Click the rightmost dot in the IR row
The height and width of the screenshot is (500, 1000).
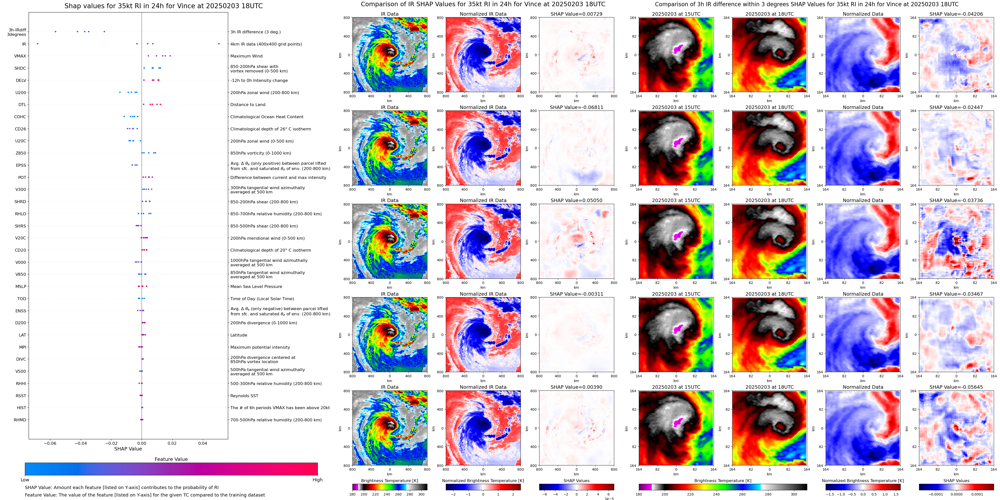click(x=219, y=44)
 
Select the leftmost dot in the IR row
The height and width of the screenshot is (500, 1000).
click(x=38, y=44)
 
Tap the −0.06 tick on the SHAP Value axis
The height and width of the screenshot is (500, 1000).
click(x=50, y=443)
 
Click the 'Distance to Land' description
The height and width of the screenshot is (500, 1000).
click(x=248, y=105)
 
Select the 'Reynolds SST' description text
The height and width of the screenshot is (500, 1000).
click(x=244, y=396)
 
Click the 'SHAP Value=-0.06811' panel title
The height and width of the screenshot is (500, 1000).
click(x=577, y=108)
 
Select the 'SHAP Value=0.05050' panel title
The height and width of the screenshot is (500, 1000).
click(x=577, y=201)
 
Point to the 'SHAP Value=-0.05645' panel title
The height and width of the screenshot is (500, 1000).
click(x=956, y=387)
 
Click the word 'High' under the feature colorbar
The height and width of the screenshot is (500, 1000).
click(x=318, y=480)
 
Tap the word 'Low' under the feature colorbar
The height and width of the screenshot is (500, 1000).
click(x=25, y=480)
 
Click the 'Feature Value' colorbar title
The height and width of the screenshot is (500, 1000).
click(x=171, y=459)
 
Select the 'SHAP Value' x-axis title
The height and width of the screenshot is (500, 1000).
click(x=128, y=449)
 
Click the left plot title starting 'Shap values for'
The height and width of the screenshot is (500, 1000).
click(x=163, y=6)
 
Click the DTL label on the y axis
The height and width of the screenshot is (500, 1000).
click(x=22, y=105)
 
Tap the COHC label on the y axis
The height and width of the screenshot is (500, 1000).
click(x=20, y=117)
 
